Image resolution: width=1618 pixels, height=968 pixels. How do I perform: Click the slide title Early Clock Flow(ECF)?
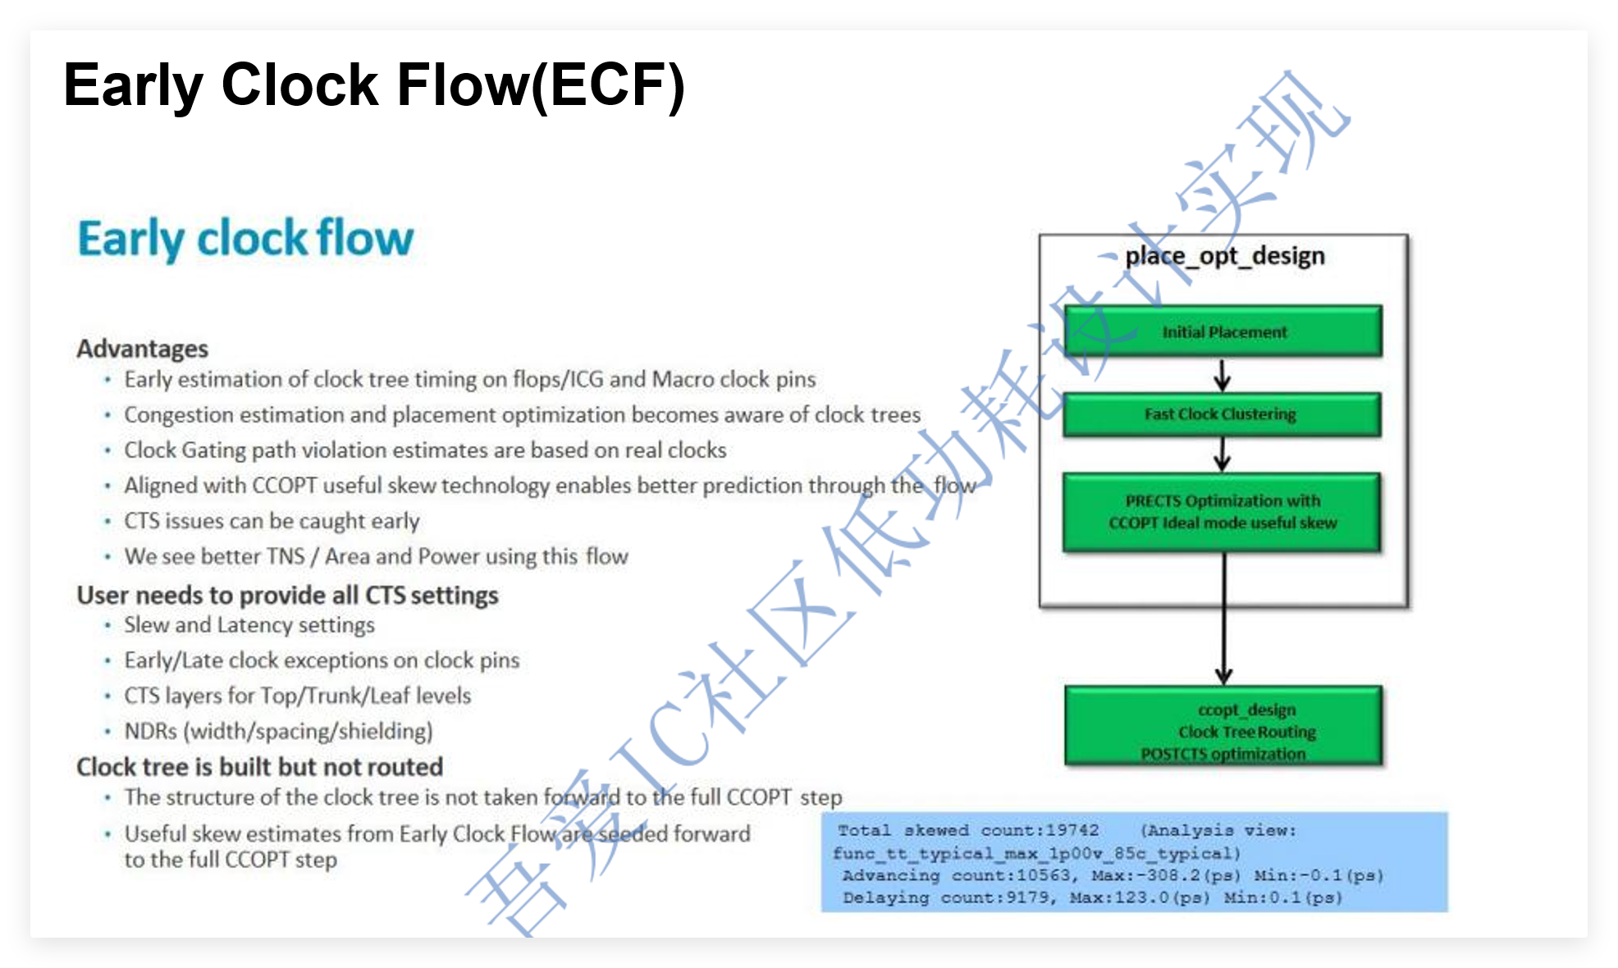[x=373, y=86]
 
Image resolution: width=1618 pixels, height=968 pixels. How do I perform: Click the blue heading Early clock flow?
[x=245, y=239]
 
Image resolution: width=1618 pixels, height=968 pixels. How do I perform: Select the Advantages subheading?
[x=142, y=349]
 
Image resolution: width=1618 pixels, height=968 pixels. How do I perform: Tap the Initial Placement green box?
[x=1223, y=331]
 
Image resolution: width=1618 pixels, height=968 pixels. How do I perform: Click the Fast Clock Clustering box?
[x=1221, y=414]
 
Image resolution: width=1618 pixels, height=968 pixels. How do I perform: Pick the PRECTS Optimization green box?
[x=1222, y=512]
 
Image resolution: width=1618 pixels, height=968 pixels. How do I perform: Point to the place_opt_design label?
[x=1224, y=256]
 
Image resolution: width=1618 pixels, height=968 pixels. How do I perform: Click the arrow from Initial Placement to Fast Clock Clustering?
[x=1223, y=375]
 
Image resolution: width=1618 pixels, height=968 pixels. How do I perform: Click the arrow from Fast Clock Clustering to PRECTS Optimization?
[x=1223, y=454]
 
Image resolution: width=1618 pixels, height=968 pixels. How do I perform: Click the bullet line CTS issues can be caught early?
[x=272, y=521]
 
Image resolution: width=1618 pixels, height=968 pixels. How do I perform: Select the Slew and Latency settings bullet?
[x=249, y=625]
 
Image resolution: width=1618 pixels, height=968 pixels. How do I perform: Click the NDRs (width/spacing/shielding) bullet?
[x=278, y=731]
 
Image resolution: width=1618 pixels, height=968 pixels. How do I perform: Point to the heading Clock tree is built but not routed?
[x=259, y=767]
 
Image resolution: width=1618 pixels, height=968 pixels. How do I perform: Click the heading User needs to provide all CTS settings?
[x=287, y=595]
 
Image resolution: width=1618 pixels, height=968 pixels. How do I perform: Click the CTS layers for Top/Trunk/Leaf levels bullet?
[x=297, y=696]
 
